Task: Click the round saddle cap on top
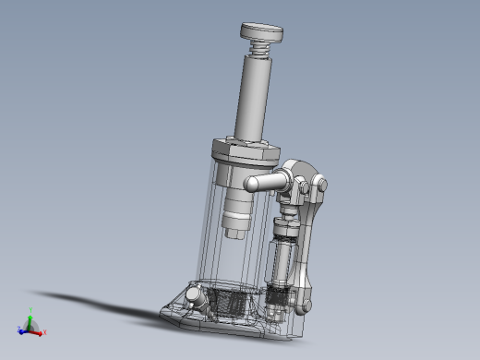262,30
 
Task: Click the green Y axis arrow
30,314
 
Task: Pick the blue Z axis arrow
22,330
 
